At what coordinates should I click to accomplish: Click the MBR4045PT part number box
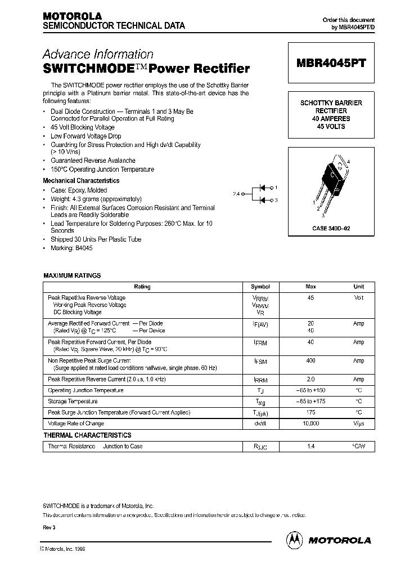pyautogui.click(x=331, y=64)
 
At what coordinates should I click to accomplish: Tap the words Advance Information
pyautogui.click(x=98, y=55)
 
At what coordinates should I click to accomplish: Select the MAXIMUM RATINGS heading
pyautogui.click(x=72, y=275)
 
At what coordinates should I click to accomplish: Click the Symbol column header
pyautogui.click(x=260, y=287)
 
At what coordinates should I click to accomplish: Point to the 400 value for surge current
pyautogui.click(x=310, y=360)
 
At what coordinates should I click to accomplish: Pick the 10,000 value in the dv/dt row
pyautogui.click(x=310, y=424)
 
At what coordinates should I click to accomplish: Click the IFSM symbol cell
pyautogui.click(x=260, y=361)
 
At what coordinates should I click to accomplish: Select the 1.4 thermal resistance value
pyautogui.click(x=310, y=446)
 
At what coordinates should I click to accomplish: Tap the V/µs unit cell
pyautogui.click(x=359, y=424)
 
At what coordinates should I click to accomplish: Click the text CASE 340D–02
pyautogui.click(x=331, y=228)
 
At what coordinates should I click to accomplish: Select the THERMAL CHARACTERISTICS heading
pyautogui.click(x=87, y=435)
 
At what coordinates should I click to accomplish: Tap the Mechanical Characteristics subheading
pyautogui.click(x=81, y=181)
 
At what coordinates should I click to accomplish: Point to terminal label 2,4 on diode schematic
pyautogui.click(x=236, y=193)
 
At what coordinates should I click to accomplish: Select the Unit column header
pyautogui.click(x=359, y=287)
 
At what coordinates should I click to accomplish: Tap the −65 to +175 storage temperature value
pyautogui.click(x=310, y=402)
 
